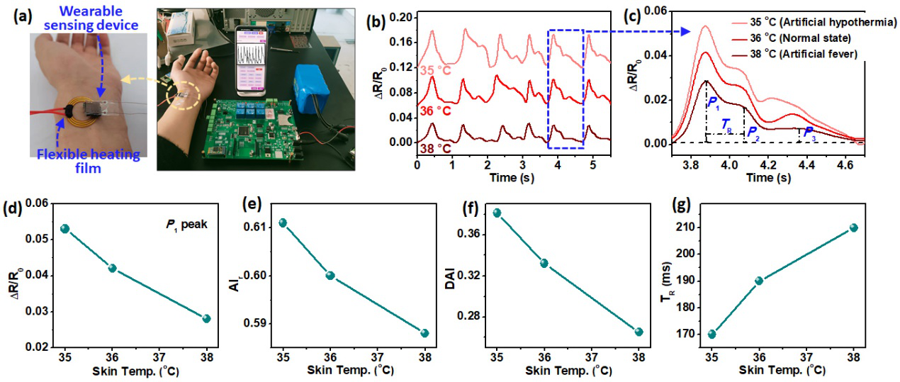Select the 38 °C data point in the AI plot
click(x=424, y=333)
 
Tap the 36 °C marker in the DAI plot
click(x=544, y=263)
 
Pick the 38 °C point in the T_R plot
click(x=853, y=227)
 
